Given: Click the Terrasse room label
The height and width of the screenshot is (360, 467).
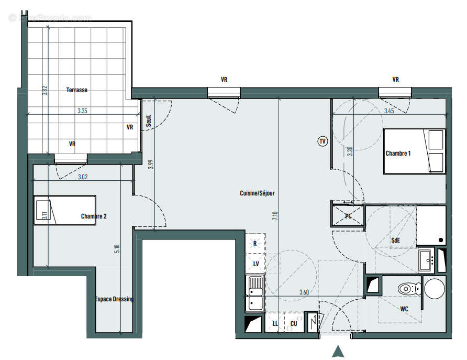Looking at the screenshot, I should (x=76, y=90).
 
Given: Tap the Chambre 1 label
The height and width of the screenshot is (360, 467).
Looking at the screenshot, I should (x=398, y=154).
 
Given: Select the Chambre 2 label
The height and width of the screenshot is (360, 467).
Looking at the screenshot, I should (x=94, y=216).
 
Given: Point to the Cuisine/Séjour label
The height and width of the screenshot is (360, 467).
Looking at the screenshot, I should (x=257, y=193).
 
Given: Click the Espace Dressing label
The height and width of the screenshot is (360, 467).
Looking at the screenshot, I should (x=114, y=299).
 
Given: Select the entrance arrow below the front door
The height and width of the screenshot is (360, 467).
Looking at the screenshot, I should (x=338, y=351).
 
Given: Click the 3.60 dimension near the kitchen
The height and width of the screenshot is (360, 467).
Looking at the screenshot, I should (x=303, y=292).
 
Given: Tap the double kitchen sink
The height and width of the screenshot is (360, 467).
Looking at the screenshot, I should (x=255, y=294).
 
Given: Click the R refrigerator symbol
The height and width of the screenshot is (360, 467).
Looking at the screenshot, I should (x=255, y=243).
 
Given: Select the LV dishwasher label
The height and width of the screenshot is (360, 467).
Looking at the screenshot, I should (x=255, y=264).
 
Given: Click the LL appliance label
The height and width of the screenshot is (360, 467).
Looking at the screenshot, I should (x=275, y=324).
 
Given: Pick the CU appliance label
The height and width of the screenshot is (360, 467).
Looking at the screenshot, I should (x=294, y=324).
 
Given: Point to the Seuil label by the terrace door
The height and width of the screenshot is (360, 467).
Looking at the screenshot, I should (x=149, y=121).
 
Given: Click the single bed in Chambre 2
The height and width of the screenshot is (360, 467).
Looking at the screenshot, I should (x=65, y=210).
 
